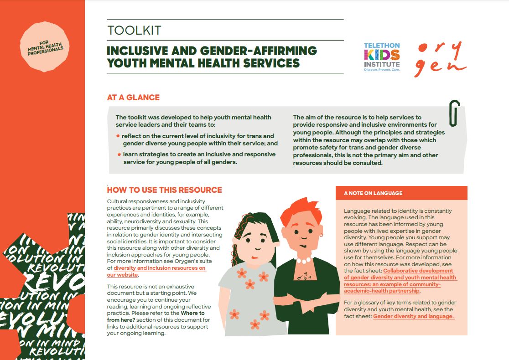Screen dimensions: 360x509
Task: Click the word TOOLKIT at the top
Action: [134, 31]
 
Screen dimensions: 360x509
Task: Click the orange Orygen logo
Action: [440, 59]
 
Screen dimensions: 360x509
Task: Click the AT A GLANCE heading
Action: [133, 98]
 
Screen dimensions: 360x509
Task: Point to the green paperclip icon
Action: [454, 113]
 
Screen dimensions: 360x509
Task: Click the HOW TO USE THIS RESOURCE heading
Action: [164, 190]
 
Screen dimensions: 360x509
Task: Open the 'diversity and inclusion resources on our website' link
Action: [153, 272]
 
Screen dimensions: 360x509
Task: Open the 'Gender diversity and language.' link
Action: [414, 316]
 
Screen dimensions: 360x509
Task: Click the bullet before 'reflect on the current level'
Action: [118, 136]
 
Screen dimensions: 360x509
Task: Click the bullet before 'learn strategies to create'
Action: [118, 154]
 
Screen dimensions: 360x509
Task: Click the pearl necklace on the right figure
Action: [303, 260]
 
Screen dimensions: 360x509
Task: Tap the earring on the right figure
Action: [321, 235]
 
